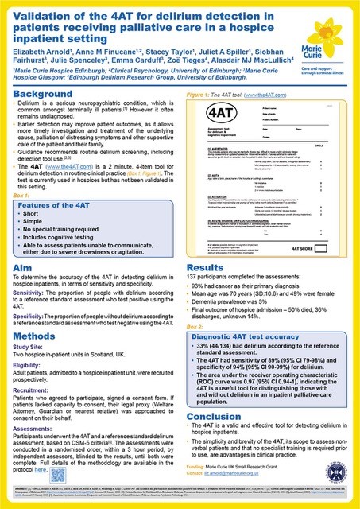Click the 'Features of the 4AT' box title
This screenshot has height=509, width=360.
[53, 205]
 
